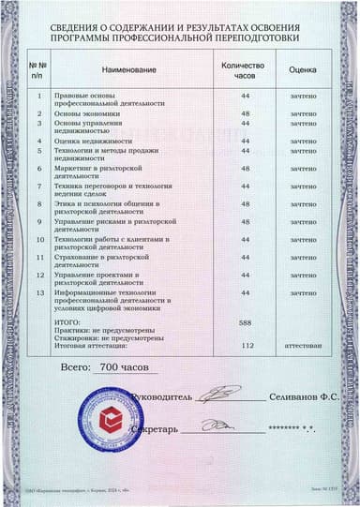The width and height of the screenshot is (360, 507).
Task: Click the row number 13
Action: pos(39,293)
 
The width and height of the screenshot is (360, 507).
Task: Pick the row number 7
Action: pos(39,186)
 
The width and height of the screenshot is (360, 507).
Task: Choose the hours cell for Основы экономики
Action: pos(246,113)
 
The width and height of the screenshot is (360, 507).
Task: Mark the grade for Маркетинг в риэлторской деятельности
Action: pos(303,169)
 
